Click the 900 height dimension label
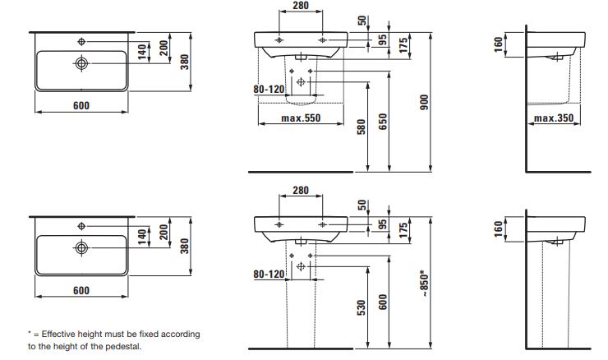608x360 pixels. [x=425, y=102]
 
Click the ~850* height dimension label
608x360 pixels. [x=425, y=284]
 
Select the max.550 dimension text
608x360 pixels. [x=301, y=118]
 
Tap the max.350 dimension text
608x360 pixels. [x=554, y=118]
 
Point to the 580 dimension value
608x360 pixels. [x=362, y=127]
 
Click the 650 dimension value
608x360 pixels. [x=383, y=122]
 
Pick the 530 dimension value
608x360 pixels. [x=362, y=307]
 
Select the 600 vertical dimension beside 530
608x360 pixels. [x=383, y=302]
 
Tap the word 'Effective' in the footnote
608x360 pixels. [x=58, y=334]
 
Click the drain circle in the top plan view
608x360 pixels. [x=81, y=62]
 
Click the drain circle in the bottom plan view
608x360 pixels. [x=81, y=247]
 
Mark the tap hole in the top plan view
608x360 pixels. [x=81, y=42]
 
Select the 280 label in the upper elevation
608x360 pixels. [x=301, y=6]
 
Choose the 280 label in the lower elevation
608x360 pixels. [x=301, y=190]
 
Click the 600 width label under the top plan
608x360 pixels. [x=81, y=105]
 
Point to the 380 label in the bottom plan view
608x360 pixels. [x=185, y=247]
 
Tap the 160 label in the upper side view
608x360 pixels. [x=499, y=44]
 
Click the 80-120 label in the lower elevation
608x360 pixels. [x=269, y=274]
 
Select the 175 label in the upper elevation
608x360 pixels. [x=403, y=45]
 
